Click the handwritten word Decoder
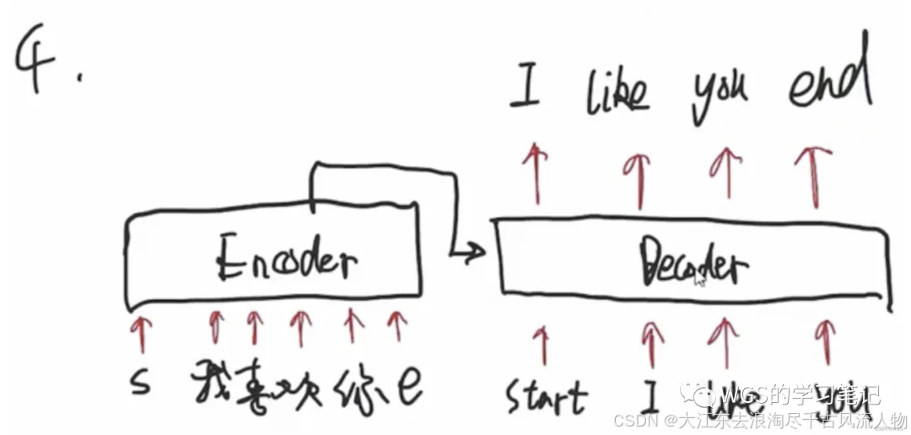point(694,264)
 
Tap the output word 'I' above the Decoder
point(525,94)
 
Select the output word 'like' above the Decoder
point(618,92)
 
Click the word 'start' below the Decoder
point(545,395)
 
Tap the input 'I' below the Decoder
point(650,392)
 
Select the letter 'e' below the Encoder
point(408,387)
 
